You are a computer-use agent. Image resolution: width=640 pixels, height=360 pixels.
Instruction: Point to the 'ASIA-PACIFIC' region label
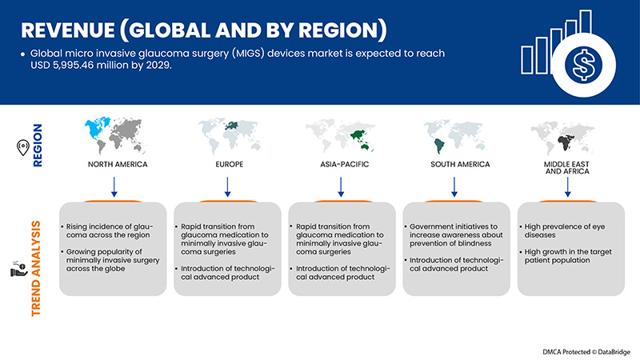[341, 165]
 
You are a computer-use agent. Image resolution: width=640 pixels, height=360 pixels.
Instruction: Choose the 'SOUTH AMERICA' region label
[454, 165]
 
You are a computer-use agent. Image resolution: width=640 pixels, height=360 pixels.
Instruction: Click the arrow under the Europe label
[226, 186]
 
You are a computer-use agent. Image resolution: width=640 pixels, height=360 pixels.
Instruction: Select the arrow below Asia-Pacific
[341, 186]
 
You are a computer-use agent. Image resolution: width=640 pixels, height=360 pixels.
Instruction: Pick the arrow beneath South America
[454, 186]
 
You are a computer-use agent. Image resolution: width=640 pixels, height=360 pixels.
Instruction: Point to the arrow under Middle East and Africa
[568, 187]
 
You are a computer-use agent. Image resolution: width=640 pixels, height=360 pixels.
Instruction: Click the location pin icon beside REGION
[23, 147]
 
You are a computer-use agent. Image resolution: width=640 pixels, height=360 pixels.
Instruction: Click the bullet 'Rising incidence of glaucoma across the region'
[113, 231]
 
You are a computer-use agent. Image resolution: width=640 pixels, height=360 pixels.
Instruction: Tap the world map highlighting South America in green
[453, 136]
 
